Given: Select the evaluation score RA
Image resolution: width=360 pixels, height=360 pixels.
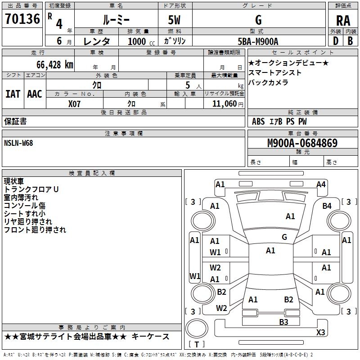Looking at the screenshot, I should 343,20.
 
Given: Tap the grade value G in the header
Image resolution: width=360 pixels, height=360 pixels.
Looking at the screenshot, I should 258,20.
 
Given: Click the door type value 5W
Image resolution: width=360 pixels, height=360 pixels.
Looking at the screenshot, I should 175,20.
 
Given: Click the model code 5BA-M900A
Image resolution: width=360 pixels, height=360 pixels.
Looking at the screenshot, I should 258,41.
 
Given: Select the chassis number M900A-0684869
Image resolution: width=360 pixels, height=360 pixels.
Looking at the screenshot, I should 302,143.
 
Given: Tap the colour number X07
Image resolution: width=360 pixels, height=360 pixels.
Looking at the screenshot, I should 75,103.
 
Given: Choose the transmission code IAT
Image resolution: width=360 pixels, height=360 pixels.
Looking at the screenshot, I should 13,94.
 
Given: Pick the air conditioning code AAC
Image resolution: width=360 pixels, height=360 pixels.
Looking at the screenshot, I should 35,94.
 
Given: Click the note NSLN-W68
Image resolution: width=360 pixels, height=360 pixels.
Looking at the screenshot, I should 18,143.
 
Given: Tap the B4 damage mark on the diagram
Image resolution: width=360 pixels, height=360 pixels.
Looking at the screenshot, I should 327,206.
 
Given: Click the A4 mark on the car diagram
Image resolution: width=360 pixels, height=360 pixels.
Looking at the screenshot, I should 321,184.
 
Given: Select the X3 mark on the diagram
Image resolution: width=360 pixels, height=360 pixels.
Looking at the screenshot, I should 320,332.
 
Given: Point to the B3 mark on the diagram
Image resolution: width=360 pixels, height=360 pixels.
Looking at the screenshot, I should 283,322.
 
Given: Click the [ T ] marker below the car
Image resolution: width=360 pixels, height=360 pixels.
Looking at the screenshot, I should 197,344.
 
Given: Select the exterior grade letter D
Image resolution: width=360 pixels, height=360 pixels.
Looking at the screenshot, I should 335,41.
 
